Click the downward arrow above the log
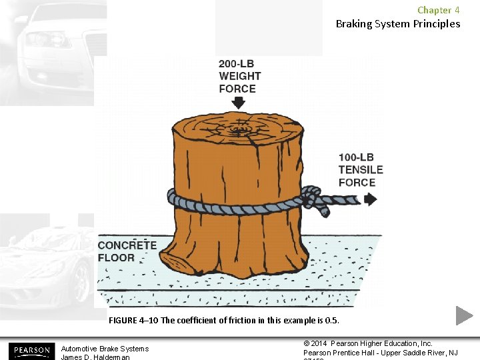point(238,103)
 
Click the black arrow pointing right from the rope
point(370,199)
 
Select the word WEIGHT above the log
point(239,76)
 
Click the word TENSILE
point(361,170)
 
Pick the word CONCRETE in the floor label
point(127,245)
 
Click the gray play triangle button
point(464,315)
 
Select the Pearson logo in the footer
point(30,351)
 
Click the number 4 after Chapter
point(457,10)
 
